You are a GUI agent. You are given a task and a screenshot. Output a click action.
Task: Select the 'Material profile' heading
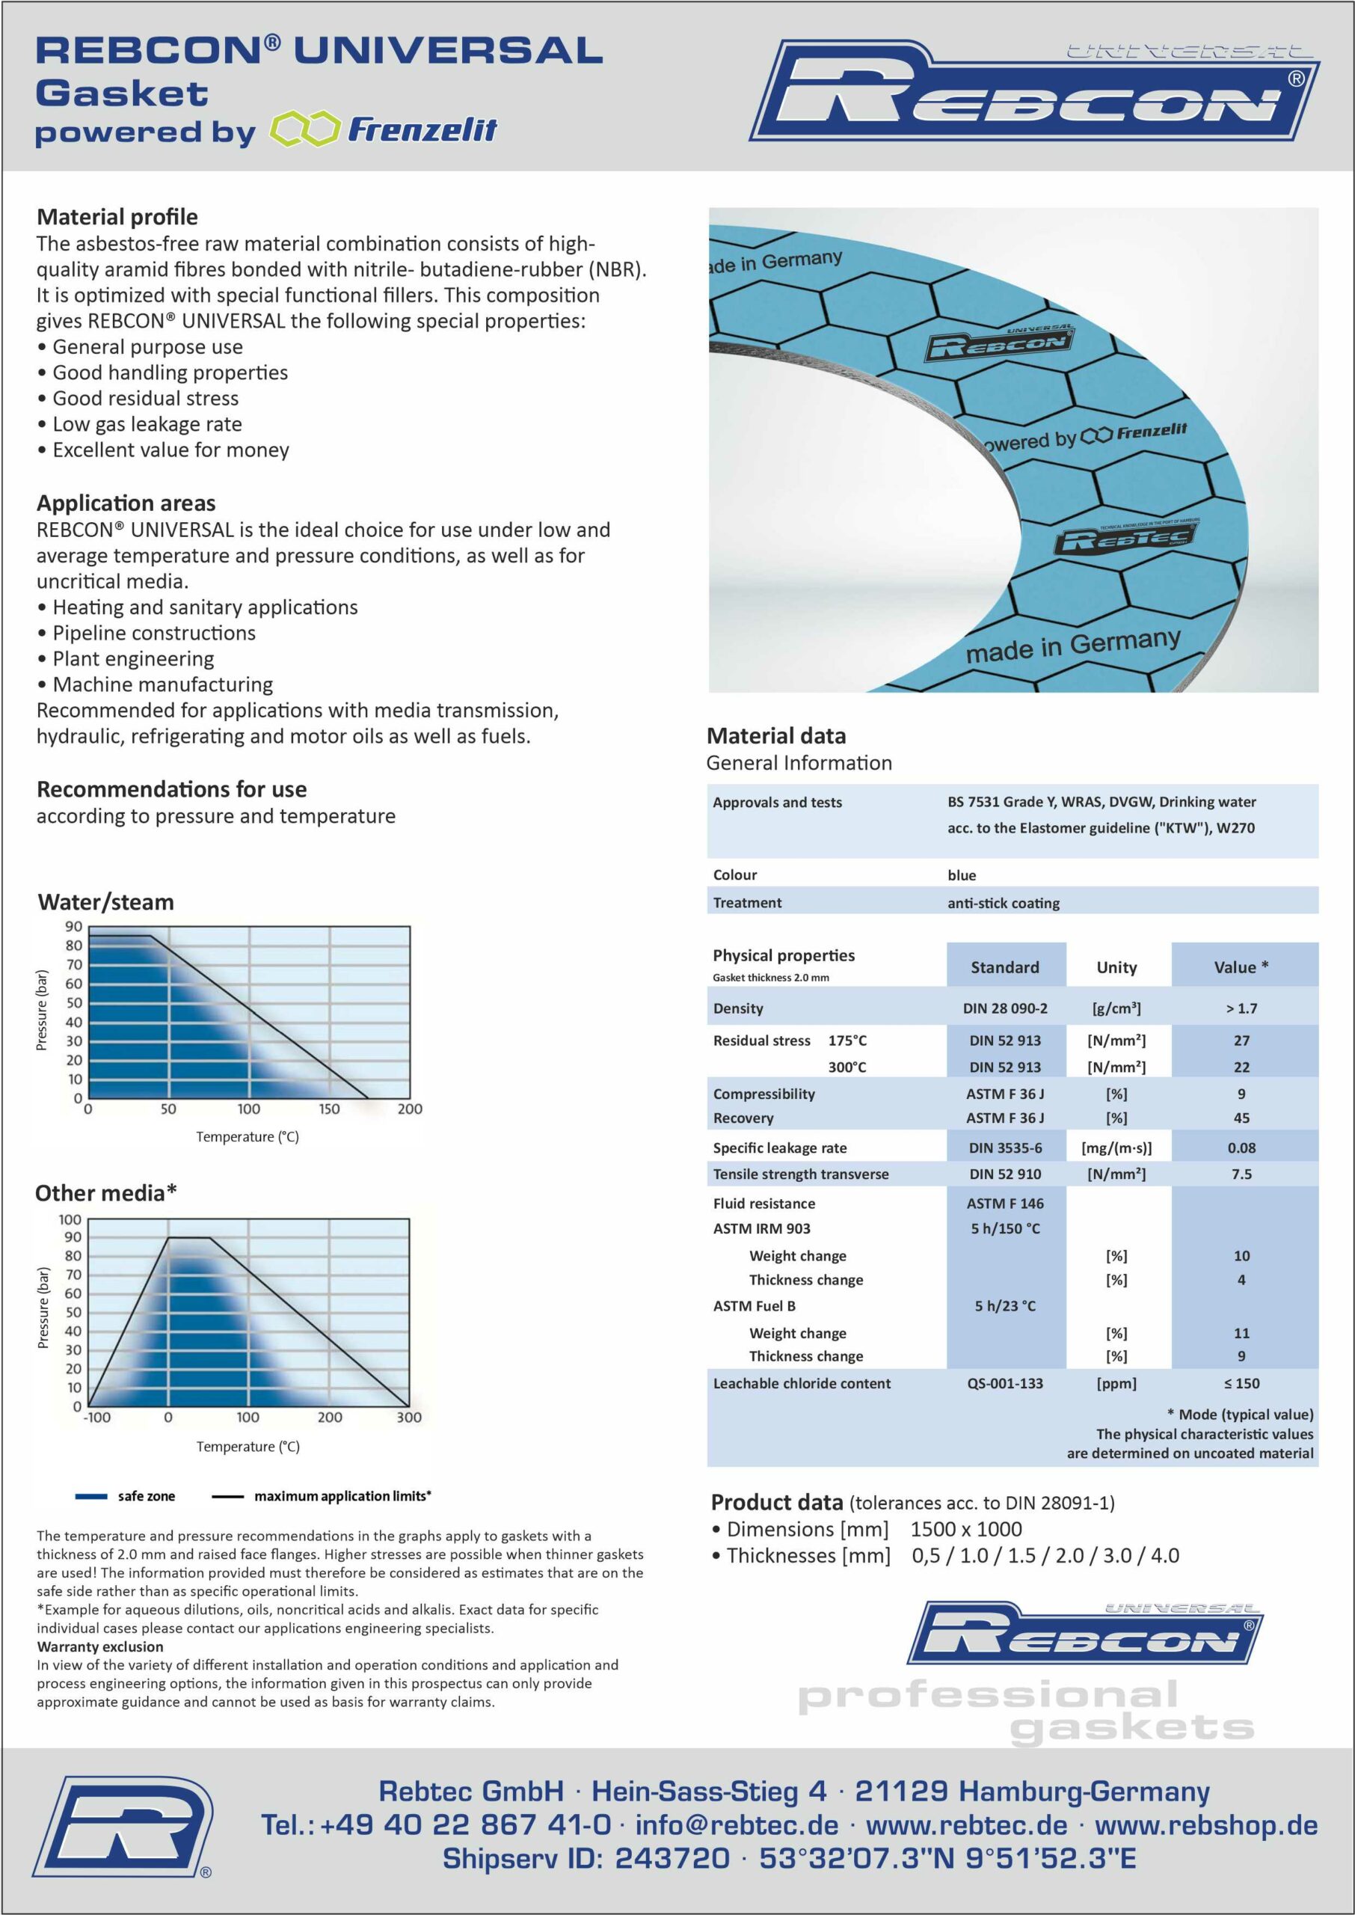(117, 217)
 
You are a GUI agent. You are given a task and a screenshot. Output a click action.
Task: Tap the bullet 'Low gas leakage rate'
(147, 424)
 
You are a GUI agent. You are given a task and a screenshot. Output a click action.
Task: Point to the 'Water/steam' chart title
(106, 902)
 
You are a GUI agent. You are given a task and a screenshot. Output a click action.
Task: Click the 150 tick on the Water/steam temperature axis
(329, 1109)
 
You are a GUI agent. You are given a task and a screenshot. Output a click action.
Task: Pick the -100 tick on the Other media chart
(96, 1417)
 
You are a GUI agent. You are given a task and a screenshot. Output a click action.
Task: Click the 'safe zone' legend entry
(146, 1496)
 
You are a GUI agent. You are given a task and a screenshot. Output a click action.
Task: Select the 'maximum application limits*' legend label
(342, 1496)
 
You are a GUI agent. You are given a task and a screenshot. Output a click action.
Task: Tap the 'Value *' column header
(1241, 967)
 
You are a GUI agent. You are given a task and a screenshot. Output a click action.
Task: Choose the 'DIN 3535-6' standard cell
(1004, 1148)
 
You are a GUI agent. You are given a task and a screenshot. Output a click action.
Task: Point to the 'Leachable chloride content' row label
(801, 1382)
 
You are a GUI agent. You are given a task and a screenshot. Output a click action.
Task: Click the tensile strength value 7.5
(1241, 1174)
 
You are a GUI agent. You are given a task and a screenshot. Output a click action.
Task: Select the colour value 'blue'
(961, 874)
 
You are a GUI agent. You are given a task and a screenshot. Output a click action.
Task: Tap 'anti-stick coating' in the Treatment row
(1003, 903)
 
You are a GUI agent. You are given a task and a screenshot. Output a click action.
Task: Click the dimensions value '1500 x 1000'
(965, 1529)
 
